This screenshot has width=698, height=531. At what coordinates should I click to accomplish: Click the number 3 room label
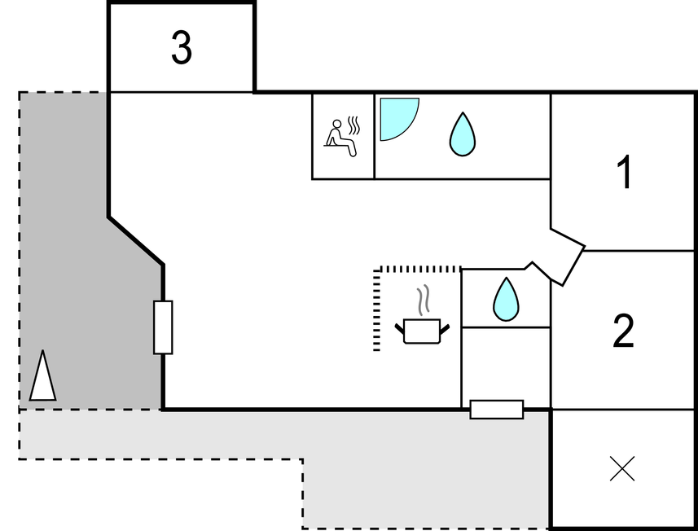182,48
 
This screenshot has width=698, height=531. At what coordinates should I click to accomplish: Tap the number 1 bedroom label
625,173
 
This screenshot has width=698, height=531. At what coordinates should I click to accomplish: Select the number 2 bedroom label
623,331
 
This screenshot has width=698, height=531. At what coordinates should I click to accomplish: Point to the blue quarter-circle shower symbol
396,116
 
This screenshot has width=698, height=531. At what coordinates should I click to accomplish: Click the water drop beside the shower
462,134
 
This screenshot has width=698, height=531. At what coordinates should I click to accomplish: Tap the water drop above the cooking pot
506,299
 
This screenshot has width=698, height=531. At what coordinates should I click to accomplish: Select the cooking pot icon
422,331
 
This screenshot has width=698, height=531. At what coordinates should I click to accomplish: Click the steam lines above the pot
422,301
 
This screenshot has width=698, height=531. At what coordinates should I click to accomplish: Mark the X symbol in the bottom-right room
622,468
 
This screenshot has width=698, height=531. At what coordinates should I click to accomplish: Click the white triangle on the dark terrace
43,376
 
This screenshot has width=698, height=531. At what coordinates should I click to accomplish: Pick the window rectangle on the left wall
163,327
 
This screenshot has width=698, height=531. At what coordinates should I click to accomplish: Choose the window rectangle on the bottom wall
497,410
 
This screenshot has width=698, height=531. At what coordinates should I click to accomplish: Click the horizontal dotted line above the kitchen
420,268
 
